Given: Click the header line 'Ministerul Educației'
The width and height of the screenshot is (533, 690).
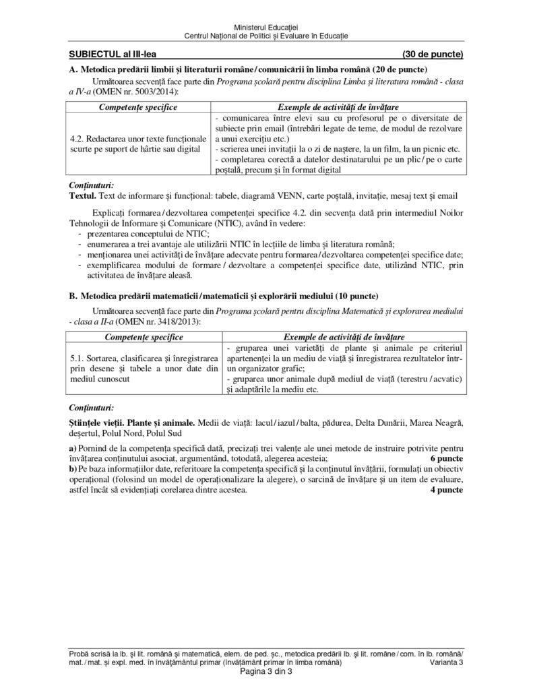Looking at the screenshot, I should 267,25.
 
